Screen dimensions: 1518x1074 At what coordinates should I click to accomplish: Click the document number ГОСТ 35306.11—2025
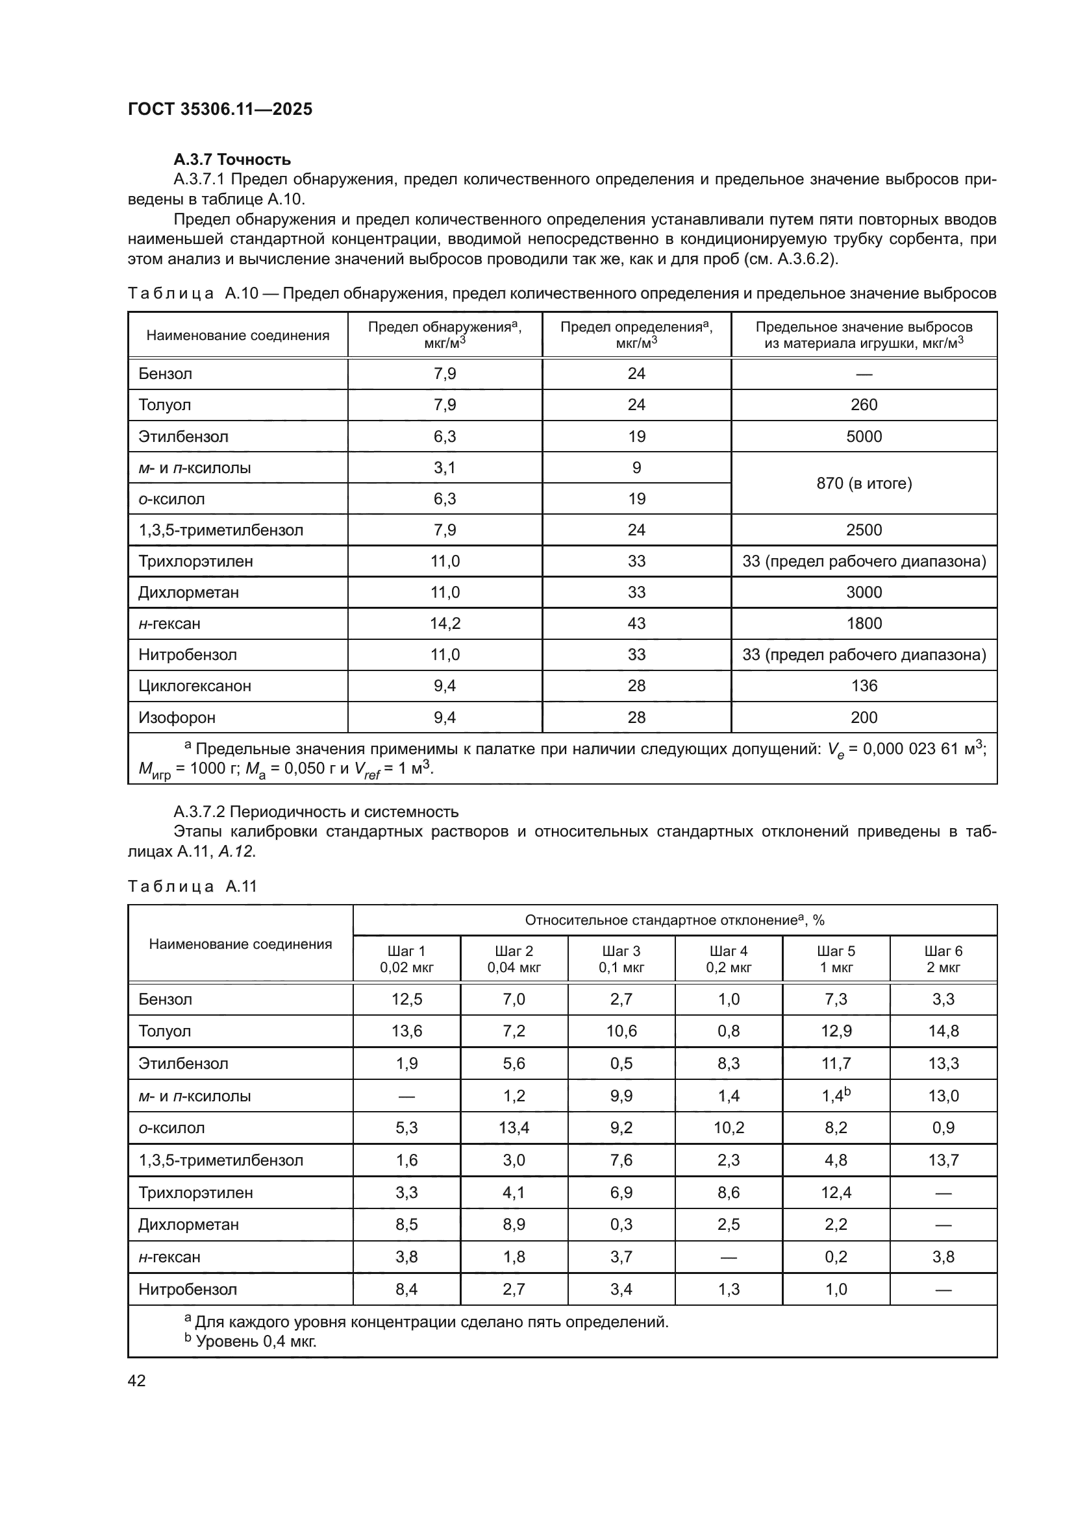[x=219, y=110]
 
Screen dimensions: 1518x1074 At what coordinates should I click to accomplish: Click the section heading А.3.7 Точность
[x=232, y=160]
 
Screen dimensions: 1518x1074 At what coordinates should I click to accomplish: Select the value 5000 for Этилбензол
[x=864, y=436]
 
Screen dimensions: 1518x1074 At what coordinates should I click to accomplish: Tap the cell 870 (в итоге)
[x=864, y=484]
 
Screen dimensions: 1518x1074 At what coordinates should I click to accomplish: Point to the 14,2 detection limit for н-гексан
[x=444, y=624]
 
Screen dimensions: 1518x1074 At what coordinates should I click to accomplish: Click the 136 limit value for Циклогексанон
[x=864, y=685]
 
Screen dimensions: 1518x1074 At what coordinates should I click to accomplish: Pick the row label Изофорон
[x=177, y=717]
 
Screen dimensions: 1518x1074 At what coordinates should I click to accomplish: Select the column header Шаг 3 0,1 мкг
[x=621, y=959]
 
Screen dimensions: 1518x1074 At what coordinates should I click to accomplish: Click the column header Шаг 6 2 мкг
[x=943, y=959]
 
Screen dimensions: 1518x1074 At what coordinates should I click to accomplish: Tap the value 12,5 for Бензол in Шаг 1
[x=406, y=999]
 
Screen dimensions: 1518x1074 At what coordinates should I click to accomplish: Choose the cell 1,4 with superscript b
[x=836, y=1096]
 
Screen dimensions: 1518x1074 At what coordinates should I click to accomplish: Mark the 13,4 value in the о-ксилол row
[x=514, y=1128]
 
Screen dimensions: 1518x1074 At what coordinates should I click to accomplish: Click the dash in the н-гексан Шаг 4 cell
[x=729, y=1257]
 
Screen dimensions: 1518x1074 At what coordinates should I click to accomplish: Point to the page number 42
[x=137, y=1380]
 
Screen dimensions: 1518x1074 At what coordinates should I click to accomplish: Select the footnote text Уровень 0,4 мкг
[x=256, y=1341]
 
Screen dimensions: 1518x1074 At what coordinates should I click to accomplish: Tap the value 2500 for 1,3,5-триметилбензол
[x=864, y=530]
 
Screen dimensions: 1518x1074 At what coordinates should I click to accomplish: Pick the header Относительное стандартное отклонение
[x=675, y=920]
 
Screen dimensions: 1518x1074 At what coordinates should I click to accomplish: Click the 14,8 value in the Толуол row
[x=943, y=1031]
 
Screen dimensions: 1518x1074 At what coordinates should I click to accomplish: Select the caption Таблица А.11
[x=192, y=887]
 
